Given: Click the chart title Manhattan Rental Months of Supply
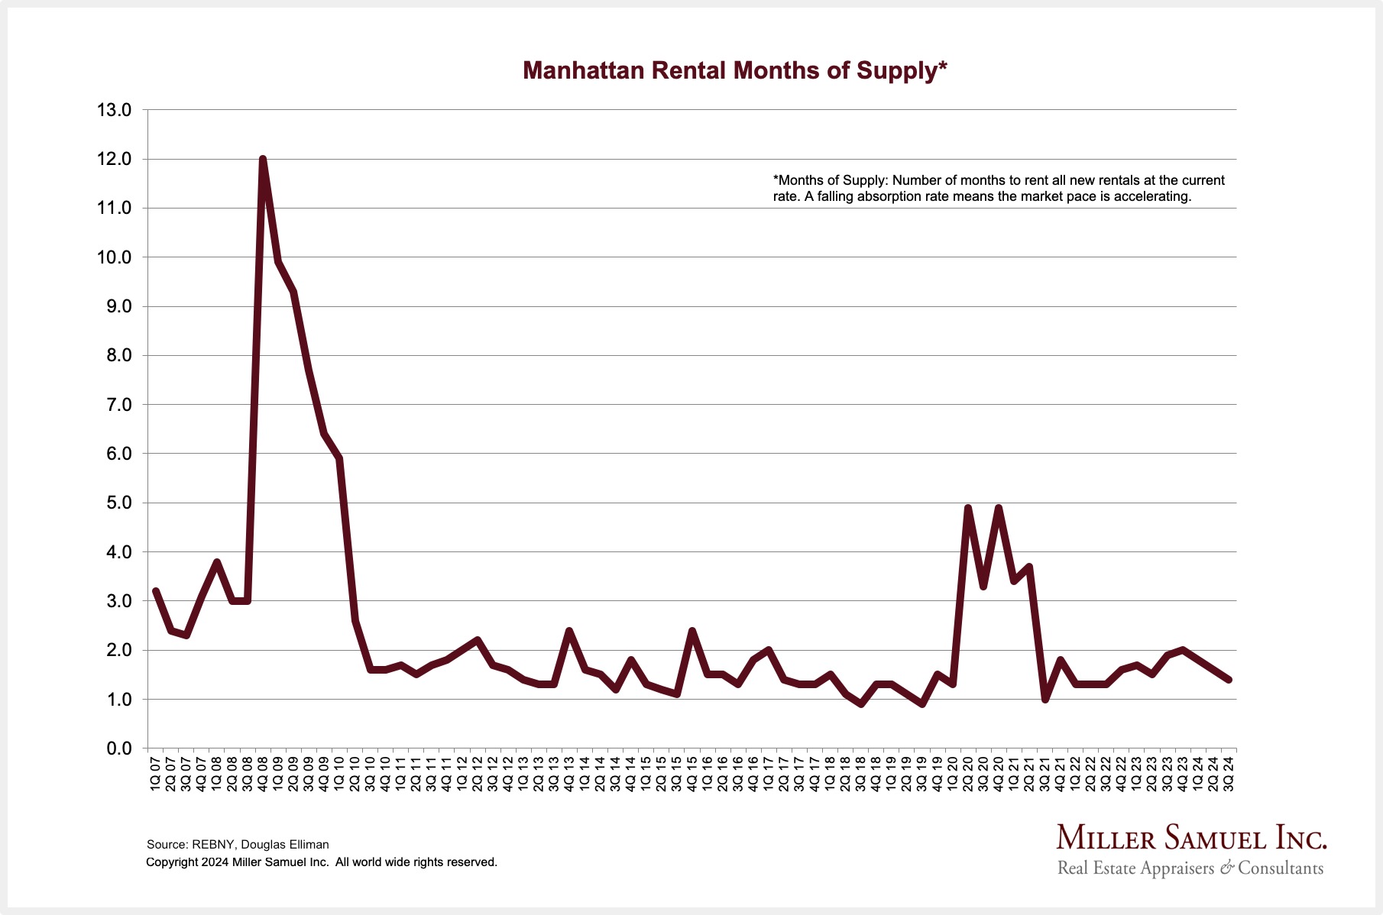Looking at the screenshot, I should coord(734,70).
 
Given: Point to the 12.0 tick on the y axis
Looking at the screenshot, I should coord(114,160).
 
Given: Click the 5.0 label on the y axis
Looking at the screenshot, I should coord(114,503).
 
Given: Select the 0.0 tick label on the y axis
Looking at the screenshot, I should coord(114,748).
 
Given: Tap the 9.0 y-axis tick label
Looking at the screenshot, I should coord(114,307).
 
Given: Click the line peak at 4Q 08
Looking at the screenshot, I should coord(263,160).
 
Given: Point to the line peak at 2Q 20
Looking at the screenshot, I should coord(968,508).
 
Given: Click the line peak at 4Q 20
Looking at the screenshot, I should coord(999,508).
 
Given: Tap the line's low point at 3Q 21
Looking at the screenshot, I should coord(1045,699).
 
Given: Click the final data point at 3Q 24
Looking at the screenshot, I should coord(1229,679).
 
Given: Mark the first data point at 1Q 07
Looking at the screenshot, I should coord(156,591).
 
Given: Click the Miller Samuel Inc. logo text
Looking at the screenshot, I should coord(1191,838).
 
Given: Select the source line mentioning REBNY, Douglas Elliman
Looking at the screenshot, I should coord(238,845).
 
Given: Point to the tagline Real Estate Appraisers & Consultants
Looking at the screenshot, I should coord(1190,868).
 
